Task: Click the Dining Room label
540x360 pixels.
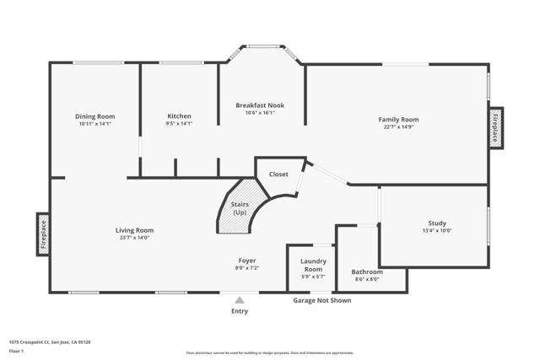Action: click(x=94, y=116)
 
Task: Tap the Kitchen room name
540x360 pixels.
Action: click(x=179, y=116)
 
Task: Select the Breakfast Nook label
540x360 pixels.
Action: click(x=260, y=105)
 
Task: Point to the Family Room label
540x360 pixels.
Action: click(x=398, y=120)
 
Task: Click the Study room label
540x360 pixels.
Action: click(x=437, y=223)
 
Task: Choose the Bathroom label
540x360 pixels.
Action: click(x=367, y=272)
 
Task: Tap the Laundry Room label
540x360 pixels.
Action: click(x=313, y=265)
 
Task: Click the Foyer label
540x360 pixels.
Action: click(x=246, y=261)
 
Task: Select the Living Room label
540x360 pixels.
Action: click(x=134, y=230)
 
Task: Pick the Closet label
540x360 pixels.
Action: click(x=278, y=175)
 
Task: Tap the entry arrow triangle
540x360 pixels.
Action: click(x=240, y=299)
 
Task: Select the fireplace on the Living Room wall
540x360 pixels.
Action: click(x=43, y=234)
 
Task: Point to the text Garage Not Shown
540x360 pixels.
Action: click(x=321, y=300)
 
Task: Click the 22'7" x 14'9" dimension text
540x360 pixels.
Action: click(x=398, y=127)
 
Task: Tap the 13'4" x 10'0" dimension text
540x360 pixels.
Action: click(x=437, y=230)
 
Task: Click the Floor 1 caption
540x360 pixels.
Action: click(x=15, y=349)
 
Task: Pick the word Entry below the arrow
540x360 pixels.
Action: click(x=240, y=311)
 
